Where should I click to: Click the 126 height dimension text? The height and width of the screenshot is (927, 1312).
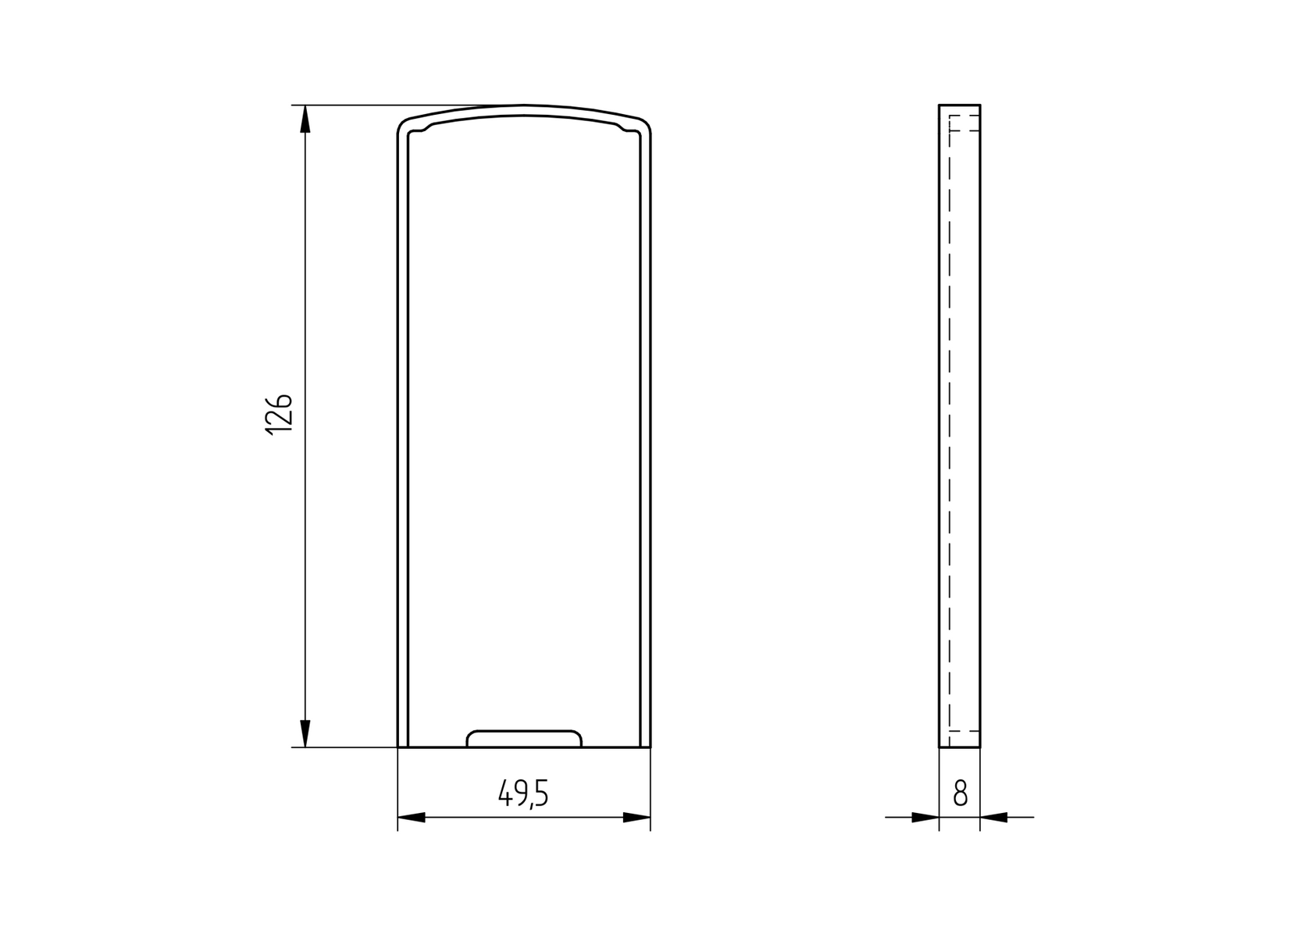[279, 415]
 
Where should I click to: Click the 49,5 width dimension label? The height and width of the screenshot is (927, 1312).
[524, 794]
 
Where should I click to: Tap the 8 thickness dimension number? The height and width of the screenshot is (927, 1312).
[961, 794]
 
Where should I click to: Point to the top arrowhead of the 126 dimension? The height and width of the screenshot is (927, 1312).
[305, 118]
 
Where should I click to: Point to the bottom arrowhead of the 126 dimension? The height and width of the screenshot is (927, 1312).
[305, 734]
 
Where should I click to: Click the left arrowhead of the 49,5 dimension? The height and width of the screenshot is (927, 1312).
[412, 818]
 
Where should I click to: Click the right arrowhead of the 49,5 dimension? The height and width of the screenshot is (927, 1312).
[636, 818]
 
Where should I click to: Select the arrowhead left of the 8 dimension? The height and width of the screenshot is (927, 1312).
[925, 818]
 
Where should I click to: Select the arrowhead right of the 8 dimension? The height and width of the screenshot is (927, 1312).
[993, 818]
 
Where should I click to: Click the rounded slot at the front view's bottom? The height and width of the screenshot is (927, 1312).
[524, 739]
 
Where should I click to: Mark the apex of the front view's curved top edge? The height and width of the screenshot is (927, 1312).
[524, 105]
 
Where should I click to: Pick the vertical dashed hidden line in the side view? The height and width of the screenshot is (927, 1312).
[949, 430]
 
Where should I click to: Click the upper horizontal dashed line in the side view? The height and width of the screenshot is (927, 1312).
[964, 130]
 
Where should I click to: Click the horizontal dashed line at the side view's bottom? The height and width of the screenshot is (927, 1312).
[964, 731]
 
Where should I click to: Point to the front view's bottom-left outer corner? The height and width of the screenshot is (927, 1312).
[398, 747]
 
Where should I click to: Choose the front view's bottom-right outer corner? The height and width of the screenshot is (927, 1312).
[651, 747]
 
